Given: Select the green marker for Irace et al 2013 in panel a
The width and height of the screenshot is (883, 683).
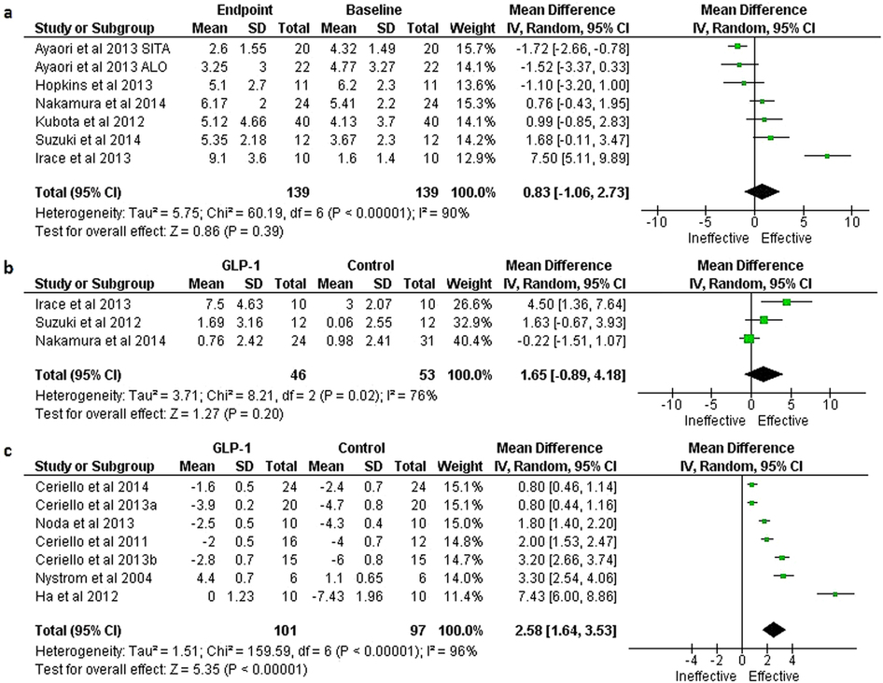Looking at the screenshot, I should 827,156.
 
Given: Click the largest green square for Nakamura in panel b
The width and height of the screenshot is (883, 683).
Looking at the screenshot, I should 749,338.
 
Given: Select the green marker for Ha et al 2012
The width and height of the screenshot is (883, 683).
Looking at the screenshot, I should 835,593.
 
